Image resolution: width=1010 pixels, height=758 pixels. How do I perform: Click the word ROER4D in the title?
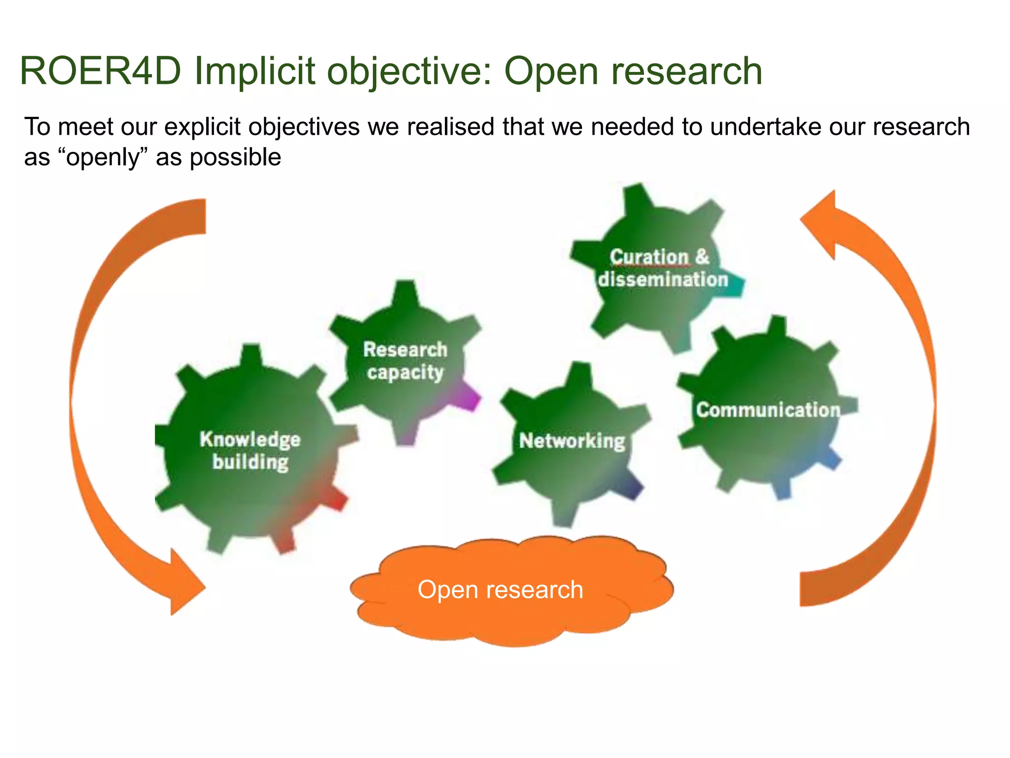tap(101, 72)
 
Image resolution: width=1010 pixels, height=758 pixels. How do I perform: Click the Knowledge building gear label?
tap(250, 451)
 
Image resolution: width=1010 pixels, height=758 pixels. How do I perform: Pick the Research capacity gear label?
tap(405, 361)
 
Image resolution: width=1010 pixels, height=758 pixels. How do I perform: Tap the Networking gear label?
tap(572, 441)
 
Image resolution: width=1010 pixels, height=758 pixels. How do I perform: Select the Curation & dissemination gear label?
tap(663, 268)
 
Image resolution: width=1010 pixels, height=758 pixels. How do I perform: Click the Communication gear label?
tap(768, 410)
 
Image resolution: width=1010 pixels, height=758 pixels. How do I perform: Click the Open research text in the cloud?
tap(500, 590)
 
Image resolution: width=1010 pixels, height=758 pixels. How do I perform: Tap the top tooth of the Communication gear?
tap(778, 328)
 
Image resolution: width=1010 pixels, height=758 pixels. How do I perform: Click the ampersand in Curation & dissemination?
tap(702, 257)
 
